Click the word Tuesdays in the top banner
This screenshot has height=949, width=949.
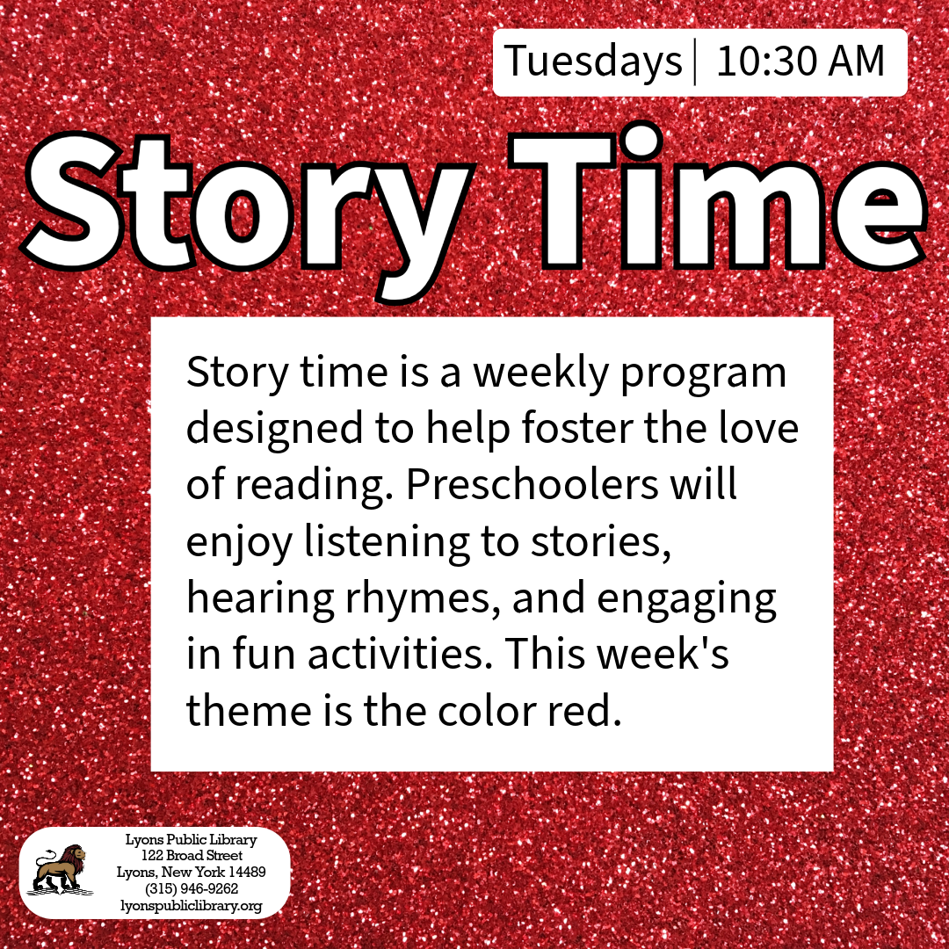(593, 62)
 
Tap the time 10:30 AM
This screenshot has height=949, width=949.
(800, 62)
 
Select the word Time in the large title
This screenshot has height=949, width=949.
(717, 197)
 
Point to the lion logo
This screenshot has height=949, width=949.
(60, 870)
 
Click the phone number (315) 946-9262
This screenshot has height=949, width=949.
(192, 888)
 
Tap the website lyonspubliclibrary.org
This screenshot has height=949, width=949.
(192, 906)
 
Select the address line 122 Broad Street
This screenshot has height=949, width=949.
(192, 855)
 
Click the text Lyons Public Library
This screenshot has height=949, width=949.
(192, 839)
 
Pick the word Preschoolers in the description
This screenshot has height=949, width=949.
(532, 484)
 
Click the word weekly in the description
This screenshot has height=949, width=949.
(540, 373)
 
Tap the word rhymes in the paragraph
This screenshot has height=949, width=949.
(423, 599)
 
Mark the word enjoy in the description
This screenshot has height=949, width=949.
(239, 542)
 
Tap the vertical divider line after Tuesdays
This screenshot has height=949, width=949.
(695, 62)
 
